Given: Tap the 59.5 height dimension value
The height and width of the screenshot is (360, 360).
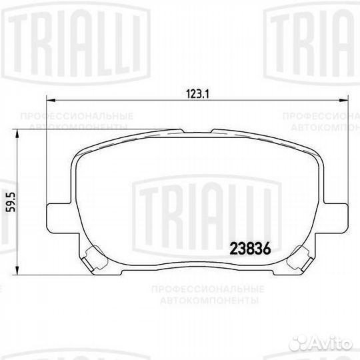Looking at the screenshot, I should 9,199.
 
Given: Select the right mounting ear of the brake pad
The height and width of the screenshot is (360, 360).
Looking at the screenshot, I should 335,215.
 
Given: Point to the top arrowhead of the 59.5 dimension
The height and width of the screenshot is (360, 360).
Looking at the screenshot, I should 17,132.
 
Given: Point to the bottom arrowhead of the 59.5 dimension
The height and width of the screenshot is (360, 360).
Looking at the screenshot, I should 17,272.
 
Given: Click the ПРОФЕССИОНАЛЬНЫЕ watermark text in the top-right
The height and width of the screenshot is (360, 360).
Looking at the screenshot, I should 321,115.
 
